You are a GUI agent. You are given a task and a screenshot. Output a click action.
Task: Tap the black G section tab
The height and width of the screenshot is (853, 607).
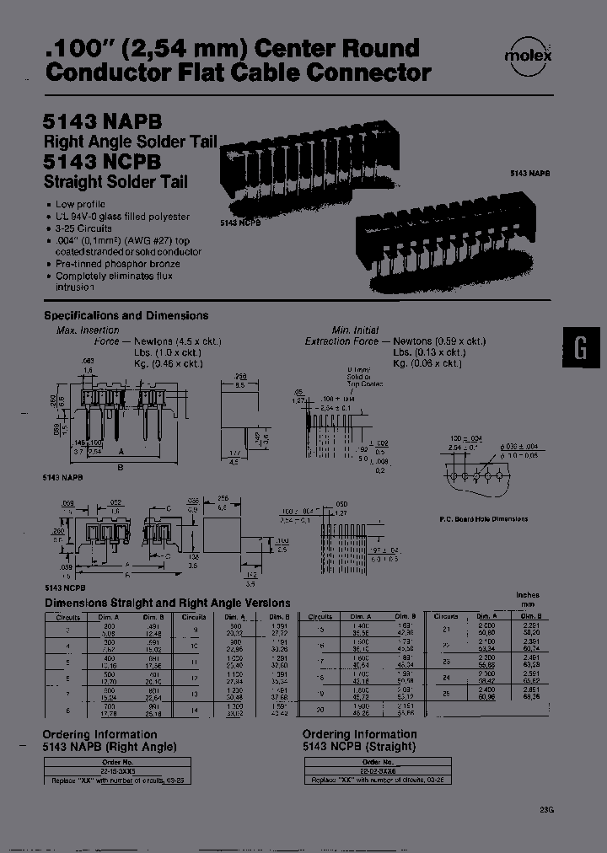[x=580, y=348]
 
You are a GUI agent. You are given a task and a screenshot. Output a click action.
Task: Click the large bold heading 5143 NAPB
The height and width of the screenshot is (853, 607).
[x=101, y=123]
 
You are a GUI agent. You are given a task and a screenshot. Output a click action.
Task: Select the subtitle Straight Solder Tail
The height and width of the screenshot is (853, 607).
[x=115, y=181]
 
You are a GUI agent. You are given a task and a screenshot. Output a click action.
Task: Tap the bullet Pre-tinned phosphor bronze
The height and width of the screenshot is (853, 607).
[x=118, y=263]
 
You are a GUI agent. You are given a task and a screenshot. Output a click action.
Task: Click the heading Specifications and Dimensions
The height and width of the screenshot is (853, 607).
[x=126, y=315]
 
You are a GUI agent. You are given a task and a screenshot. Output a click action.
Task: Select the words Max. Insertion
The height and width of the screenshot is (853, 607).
[x=88, y=330]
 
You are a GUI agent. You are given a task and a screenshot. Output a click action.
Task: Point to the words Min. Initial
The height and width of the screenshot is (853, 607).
[x=354, y=330]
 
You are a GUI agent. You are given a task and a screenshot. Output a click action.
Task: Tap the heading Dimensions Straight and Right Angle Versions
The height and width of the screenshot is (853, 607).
[x=167, y=603]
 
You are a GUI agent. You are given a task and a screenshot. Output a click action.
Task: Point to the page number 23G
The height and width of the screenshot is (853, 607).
[x=547, y=811]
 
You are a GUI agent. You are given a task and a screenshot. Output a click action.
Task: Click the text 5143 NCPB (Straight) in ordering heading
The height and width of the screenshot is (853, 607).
[x=359, y=746]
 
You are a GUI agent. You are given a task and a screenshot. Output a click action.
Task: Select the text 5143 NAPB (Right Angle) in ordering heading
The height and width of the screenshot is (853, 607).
[x=110, y=746]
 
